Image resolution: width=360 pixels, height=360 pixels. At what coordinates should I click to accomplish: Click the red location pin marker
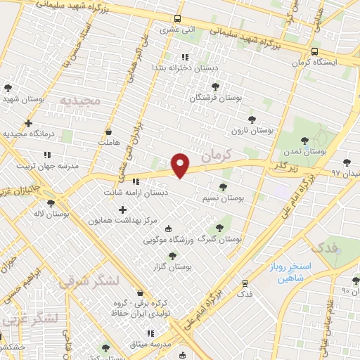point(181,165)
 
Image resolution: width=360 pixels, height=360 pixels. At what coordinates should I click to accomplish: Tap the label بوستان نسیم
point(223,199)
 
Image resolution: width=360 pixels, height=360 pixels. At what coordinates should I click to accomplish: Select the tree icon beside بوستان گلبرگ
point(219,227)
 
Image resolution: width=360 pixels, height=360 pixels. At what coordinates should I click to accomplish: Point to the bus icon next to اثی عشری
point(176,19)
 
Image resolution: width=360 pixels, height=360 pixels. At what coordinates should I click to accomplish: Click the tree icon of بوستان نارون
point(252,120)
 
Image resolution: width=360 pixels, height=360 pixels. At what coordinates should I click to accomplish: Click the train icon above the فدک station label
point(245,283)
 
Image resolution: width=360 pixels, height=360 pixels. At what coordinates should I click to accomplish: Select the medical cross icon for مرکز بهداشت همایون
point(123,210)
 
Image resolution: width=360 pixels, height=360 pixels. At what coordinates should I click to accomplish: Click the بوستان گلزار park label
point(172,266)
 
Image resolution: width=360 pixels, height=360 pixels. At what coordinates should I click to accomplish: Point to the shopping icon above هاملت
point(108,131)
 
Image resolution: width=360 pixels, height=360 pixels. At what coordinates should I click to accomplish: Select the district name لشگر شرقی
point(89,282)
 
